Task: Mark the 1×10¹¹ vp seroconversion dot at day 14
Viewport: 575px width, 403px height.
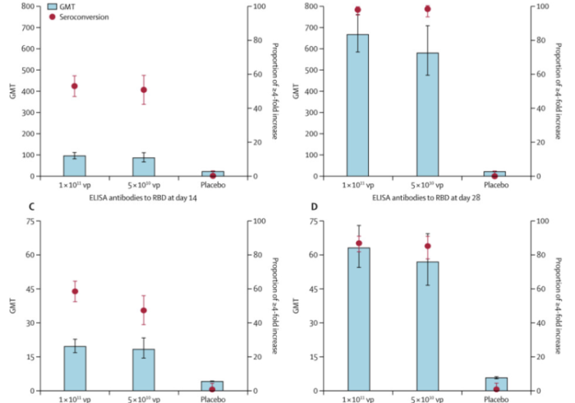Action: tap(75, 86)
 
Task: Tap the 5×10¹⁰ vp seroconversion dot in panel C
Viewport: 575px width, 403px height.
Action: tap(144, 310)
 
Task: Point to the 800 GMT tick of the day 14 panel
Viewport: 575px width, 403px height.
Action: tap(27, 7)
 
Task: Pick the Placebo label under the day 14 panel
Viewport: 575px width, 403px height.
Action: tap(213, 185)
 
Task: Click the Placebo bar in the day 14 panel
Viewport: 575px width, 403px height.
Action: tap(213, 174)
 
